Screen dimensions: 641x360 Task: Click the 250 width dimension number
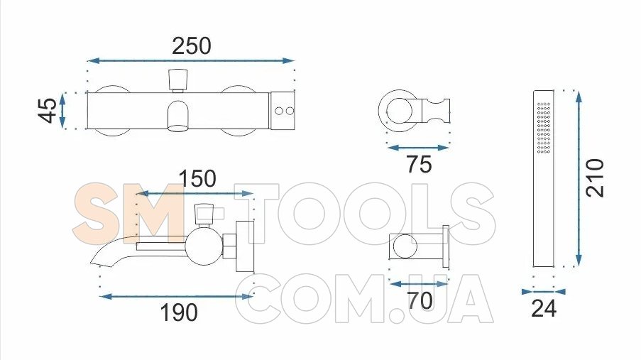[x=192, y=46]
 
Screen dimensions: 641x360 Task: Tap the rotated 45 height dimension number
[x=48, y=110]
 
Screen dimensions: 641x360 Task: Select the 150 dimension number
[x=197, y=179]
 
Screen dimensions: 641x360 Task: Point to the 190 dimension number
[x=179, y=312]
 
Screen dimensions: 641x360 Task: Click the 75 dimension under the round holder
[x=419, y=165]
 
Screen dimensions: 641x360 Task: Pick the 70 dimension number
[x=420, y=301]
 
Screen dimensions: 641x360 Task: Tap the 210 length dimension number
[x=595, y=178]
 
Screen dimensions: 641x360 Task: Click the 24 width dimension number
[x=544, y=308]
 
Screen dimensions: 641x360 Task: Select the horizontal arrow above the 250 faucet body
[x=191, y=61]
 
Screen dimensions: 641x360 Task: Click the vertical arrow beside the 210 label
[x=579, y=179]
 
